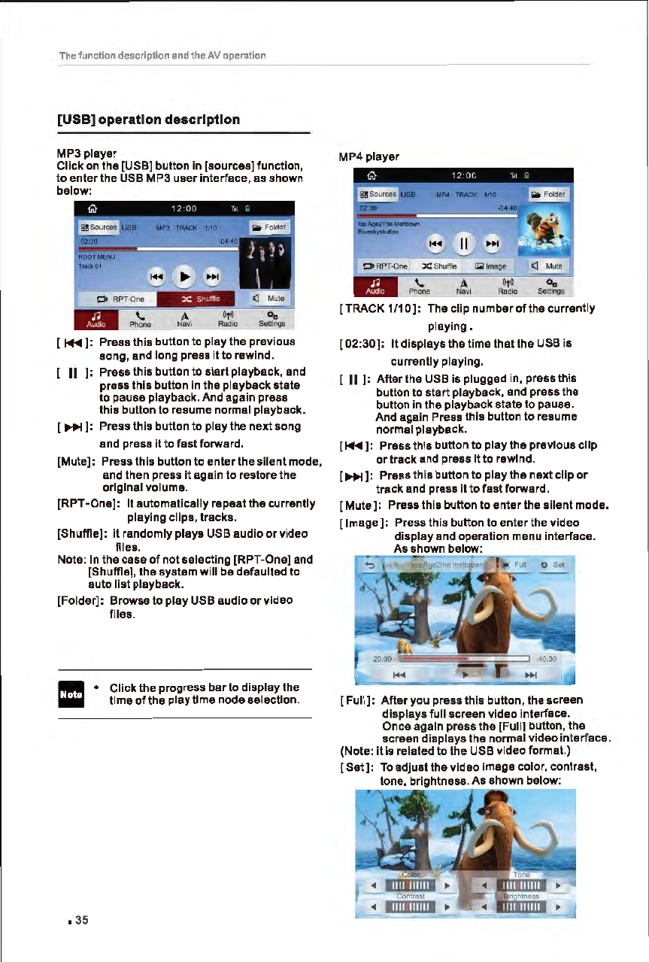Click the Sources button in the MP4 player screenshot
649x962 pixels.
point(379,194)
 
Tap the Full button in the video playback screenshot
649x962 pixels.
point(515,564)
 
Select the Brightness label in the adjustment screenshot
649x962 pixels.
point(522,896)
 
